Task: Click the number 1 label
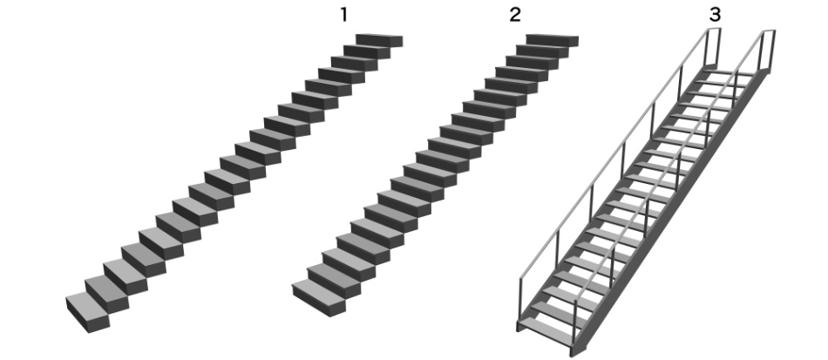(343, 15)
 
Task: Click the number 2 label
(515, 15)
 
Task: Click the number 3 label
(715, 15)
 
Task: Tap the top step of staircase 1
(379, 40)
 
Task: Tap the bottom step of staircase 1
(88, 312)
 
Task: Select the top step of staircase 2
(553, 40)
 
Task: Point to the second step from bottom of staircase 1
(106, 294)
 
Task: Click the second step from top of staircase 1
(367, 51)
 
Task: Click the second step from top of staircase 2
(542, 51)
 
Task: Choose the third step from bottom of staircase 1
(126, 276)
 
